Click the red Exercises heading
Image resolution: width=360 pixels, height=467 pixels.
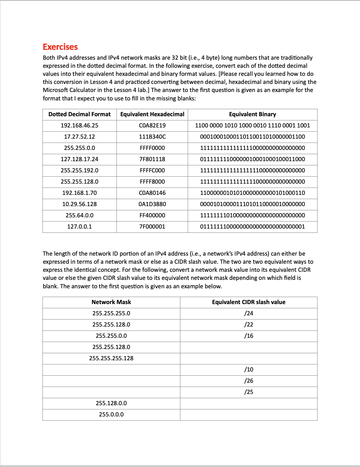[x=60, y=47]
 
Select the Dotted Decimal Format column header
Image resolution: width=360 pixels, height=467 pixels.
[x=79, y=114]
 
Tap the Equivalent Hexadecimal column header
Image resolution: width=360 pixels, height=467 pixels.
[x=152, y=114]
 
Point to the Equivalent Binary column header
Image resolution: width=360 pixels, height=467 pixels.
[x=252, y=114]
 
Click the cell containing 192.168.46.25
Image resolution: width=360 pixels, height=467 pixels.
[x=79, y=126]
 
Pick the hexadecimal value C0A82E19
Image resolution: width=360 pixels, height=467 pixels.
[x=152, y=126]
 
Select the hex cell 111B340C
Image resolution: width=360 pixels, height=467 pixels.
[x=152, y=137]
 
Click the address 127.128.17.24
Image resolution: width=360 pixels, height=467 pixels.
[x=79, y=159]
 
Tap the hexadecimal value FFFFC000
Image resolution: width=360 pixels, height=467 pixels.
[x=152, y=171]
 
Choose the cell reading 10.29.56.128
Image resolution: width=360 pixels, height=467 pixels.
[x=79, y=204]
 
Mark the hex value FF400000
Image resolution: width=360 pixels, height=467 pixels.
[x=152, y=216]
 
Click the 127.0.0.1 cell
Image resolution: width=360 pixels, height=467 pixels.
[x=79, y=227]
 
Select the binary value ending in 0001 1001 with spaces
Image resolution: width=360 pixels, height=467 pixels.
[x=252, y=126]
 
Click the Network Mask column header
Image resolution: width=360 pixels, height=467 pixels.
[x=111, y=302]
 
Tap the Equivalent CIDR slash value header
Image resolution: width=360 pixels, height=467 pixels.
[x=248, y=302]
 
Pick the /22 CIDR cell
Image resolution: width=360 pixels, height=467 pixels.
[x=248, y=325]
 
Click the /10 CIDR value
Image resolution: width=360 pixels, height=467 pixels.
[x=248, y=370]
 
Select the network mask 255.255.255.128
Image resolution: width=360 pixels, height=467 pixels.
[x=111, y=359]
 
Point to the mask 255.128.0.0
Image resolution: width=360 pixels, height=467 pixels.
[x=111, y=403]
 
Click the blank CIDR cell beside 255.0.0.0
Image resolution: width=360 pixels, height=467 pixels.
[x=248, y=415]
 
